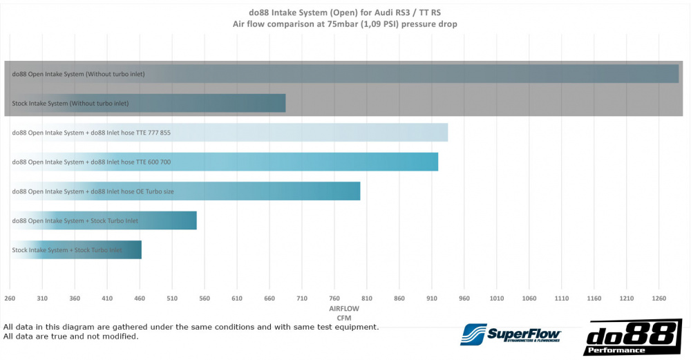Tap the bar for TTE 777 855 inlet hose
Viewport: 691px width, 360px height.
coord(228,133)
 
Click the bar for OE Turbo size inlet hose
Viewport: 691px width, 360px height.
coord(184,191)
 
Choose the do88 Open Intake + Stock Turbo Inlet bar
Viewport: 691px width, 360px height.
coord(103,220)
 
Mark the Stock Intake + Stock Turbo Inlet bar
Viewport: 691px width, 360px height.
coord(75,250)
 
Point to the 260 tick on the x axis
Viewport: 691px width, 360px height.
coord(10,299)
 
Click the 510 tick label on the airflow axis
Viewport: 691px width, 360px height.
coord(172,299)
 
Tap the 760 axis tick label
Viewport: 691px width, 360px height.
coord(334,299)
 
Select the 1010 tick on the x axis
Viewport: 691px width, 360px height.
coord(497,299)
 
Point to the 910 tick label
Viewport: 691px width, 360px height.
coord(432,299)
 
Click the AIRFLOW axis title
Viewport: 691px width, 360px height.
coord(344,310)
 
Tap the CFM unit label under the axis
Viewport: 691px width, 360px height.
coord(344,318)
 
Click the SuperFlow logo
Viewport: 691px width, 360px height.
coord(511,334)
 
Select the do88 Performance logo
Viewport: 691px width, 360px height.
coord(632,337)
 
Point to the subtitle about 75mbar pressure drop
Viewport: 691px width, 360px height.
coord(345,23)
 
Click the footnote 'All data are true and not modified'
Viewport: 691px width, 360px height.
coord(71,337)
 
